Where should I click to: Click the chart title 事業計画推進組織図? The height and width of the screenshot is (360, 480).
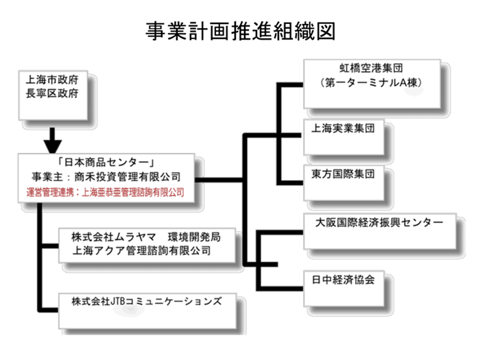tap(241, 31)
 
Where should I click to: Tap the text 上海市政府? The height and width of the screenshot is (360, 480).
tap(51, 80)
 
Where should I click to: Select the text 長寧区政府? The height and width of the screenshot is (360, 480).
tap(51, 93)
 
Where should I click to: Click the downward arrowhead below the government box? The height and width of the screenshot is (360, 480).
tap(53, 146)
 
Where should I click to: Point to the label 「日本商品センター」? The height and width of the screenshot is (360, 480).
tap(106, 162)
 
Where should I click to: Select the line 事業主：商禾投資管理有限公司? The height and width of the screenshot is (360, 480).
tap(106, 177)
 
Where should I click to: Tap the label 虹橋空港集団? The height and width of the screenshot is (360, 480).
tap(371, 68)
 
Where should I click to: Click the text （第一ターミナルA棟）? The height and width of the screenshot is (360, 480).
tap(371, 82)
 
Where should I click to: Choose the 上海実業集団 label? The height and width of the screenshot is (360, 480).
tap(343, 128)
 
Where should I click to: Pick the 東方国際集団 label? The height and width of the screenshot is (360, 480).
tap(343, 174)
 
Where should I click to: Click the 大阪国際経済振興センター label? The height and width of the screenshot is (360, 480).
tap(379, 223)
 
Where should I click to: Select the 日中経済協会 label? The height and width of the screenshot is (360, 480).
tap(343, 280)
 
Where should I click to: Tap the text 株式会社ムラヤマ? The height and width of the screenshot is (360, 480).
tap(114, 237)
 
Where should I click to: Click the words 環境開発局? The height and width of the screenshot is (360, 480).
tap(194, 237)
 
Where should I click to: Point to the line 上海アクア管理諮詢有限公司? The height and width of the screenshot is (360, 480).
tap(141, 251)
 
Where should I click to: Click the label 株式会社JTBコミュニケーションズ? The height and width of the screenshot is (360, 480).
tap(147, 301)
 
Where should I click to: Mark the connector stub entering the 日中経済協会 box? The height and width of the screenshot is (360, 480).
tap(280, 289)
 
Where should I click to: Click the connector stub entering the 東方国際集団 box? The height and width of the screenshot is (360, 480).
tap(290, 183)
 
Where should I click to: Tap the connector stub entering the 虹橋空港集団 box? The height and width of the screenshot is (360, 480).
tap(290, 85)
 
